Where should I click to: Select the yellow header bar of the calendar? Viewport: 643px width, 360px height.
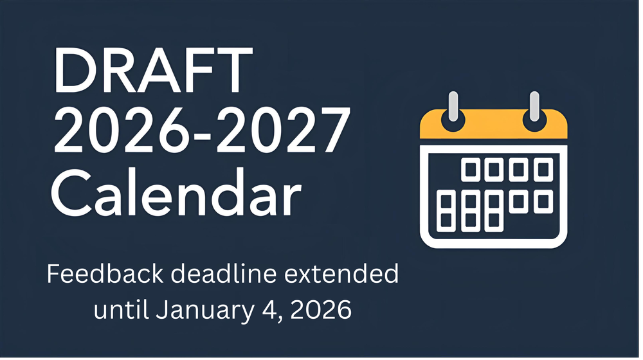[x=494, y=127]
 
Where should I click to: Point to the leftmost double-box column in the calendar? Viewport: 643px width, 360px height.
[x=445, y=211]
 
